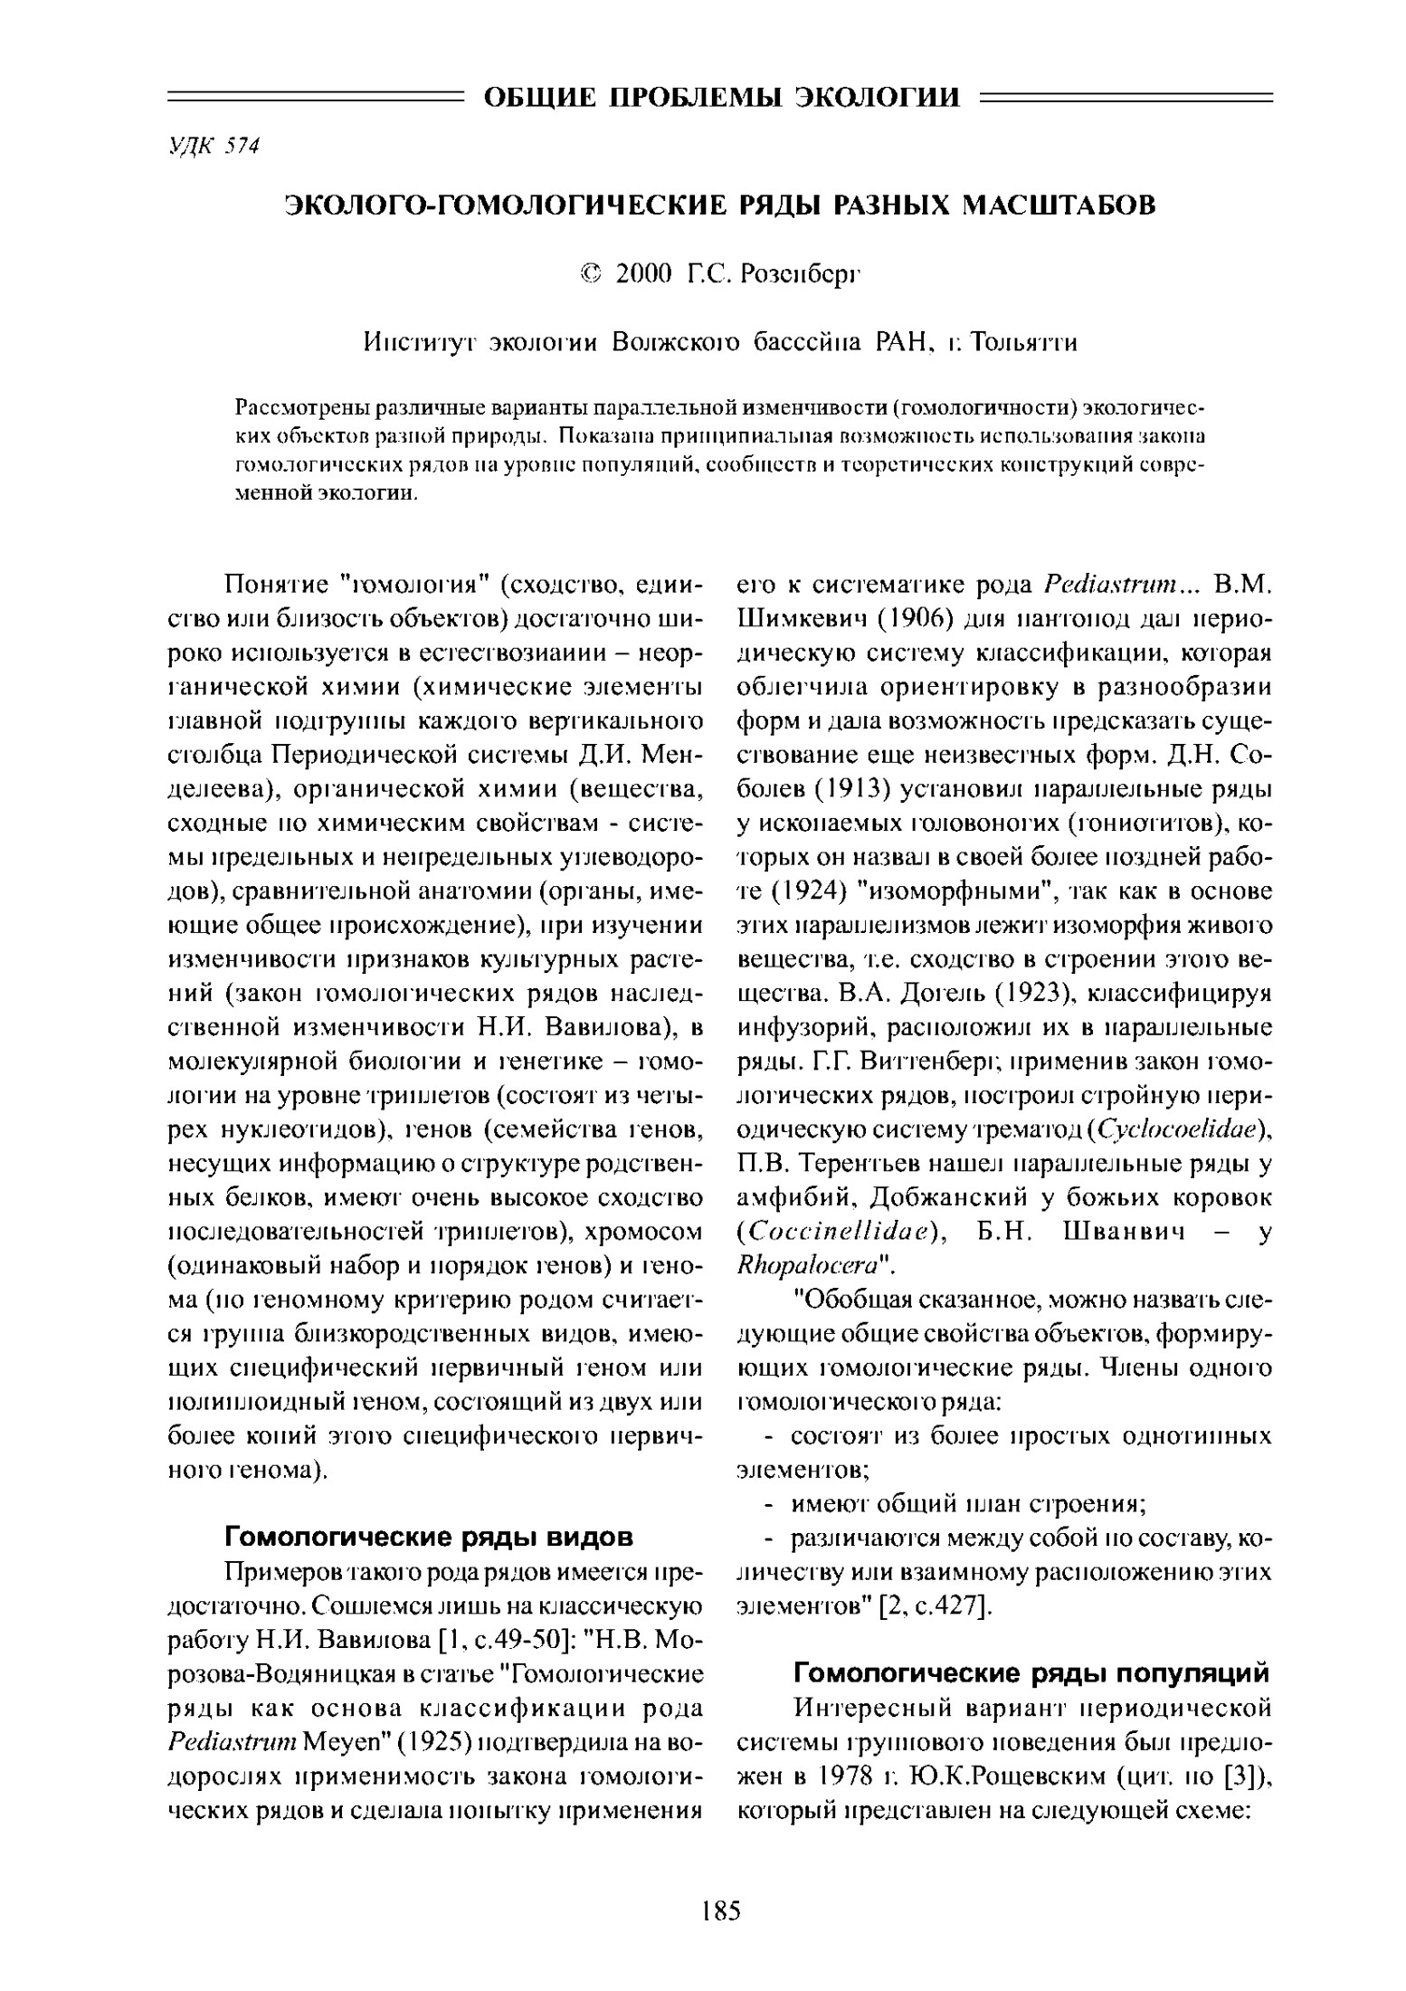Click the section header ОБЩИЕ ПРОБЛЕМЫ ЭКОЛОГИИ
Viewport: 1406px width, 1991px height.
tap(721, 96)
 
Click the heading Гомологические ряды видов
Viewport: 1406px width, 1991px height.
tap(428, 1537)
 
